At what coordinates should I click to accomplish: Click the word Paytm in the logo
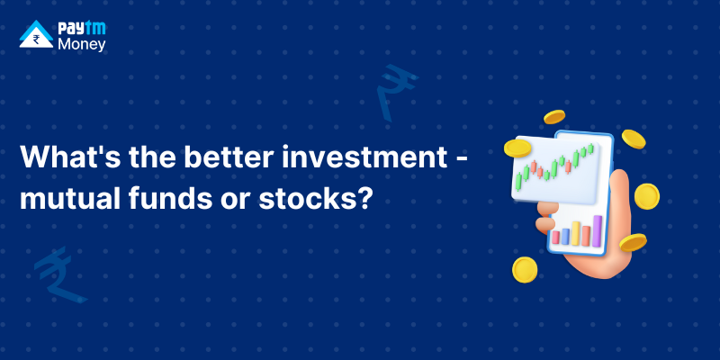(x=82, y=29)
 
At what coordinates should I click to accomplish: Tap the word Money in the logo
(x=82, y=44)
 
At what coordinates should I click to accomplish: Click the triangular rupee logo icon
(x=36, y=34)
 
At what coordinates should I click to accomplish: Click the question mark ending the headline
(x=363, y=198)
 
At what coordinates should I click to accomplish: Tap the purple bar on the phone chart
(x=597, y=230)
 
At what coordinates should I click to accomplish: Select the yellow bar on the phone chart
(x=576, y=233)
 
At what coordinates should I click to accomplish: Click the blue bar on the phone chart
(x=565, y=237)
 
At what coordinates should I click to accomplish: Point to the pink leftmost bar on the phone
(x=555, y=238)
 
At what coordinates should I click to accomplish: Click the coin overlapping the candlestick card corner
(x=517, y=148)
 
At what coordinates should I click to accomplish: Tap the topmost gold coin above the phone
(x=554, y=117)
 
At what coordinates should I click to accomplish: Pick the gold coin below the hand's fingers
(x=525, y=269)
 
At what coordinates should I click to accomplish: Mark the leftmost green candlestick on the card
(x=518, y=181)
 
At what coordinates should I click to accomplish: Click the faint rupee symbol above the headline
(x=395, y=92)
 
